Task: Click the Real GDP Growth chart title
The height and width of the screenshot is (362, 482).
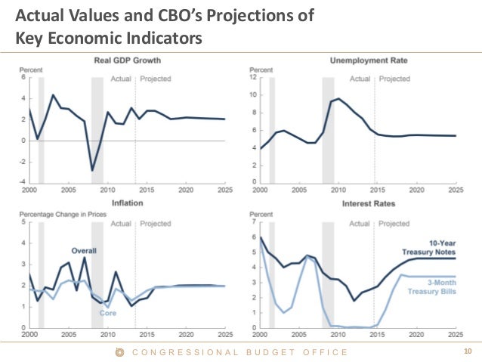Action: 127,60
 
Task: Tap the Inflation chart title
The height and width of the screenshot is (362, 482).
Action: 128,204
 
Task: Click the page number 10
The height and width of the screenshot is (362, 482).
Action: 467,351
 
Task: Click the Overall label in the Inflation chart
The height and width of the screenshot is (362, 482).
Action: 85,251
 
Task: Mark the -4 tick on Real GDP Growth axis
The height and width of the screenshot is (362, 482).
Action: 23,182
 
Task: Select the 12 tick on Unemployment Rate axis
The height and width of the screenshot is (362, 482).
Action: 254,77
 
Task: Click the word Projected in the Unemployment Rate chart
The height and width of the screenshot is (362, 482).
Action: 394,78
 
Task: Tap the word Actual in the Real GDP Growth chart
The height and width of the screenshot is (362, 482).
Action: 121,78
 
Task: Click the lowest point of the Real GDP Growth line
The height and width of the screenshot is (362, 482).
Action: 93,170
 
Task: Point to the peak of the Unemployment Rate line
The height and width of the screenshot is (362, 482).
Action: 338,98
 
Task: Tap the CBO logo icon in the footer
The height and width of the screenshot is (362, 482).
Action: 119,351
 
